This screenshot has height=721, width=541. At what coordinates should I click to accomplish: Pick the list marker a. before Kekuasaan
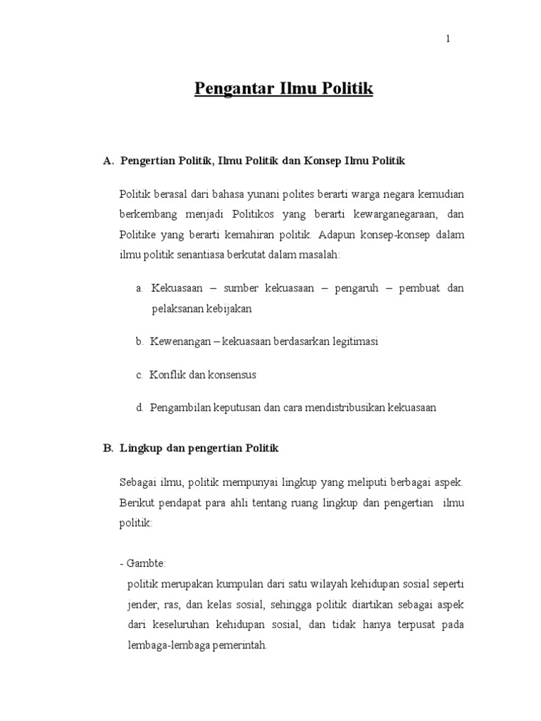139,289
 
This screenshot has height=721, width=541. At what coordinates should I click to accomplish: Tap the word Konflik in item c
164,375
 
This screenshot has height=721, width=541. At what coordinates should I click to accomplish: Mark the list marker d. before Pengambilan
139,408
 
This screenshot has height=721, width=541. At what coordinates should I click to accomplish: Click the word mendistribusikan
329,408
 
